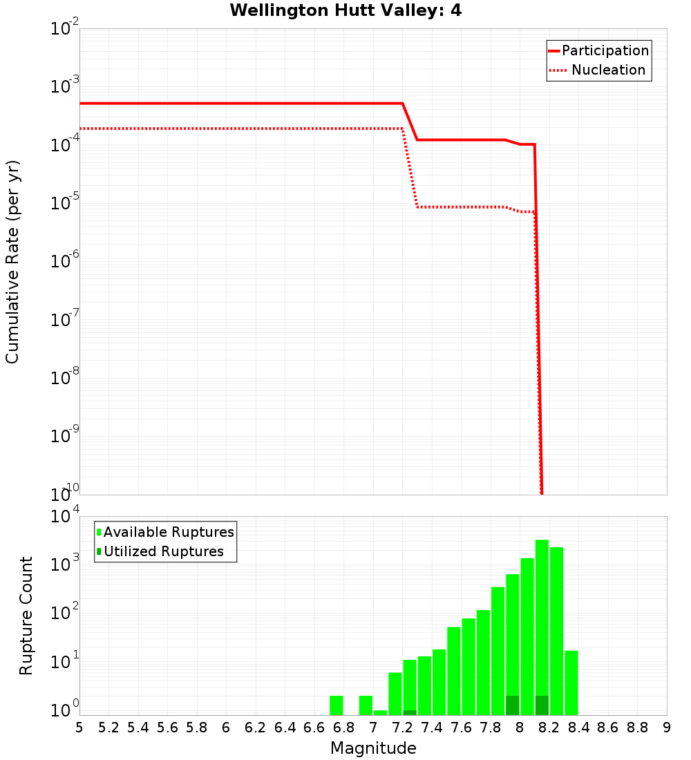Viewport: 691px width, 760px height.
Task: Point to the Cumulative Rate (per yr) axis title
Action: coord(12,262)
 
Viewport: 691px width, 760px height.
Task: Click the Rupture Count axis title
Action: coord(26,616)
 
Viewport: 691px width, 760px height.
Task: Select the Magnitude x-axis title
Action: coord(373,748)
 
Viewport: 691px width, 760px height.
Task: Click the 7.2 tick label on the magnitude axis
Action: coord(402,728)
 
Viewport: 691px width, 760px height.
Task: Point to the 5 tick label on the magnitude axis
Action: coord(79,728)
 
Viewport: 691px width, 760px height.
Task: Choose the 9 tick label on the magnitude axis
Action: coord(667,728)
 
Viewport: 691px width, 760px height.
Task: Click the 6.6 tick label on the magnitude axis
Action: coord(314,728)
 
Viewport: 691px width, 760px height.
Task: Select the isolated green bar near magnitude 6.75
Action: coord(337,705)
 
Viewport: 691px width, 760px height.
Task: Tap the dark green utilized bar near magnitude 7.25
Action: coord(410,712)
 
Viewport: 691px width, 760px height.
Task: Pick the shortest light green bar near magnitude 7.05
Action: coord(380,712)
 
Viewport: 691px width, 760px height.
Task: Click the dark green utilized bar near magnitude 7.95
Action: coord(513,705)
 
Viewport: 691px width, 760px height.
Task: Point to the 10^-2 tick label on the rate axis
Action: coord(66,29)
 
